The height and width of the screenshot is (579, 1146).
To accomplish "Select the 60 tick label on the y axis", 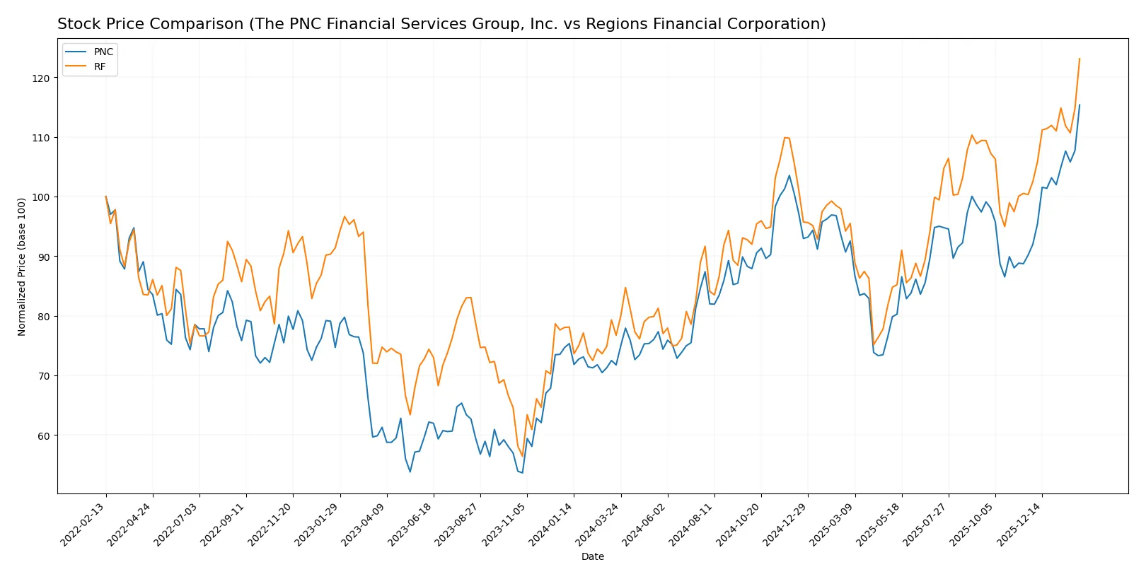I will pyautogui.click(x=43, y=435).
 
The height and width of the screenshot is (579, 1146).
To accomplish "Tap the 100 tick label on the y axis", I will pyautogui.click(x=41, y=197).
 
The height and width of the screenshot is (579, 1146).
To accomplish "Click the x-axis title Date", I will pyautogui.click(x=592, y=557).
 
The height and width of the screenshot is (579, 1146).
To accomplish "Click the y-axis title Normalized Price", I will pyautogui.click(x=22, y=267).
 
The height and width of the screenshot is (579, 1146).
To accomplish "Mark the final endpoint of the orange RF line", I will pyautogui.click(x=1080, y=59).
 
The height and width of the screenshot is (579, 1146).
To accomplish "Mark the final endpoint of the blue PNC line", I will pyautogui.click(x=1080, y=105).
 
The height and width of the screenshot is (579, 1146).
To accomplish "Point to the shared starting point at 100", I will pyautogui.click(x=106, y=197).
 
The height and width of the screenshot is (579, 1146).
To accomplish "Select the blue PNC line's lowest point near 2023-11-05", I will pyautogui.click(x=522, y=472).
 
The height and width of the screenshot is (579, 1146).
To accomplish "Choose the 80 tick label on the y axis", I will pyautogui.click(x=43, y=317).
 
